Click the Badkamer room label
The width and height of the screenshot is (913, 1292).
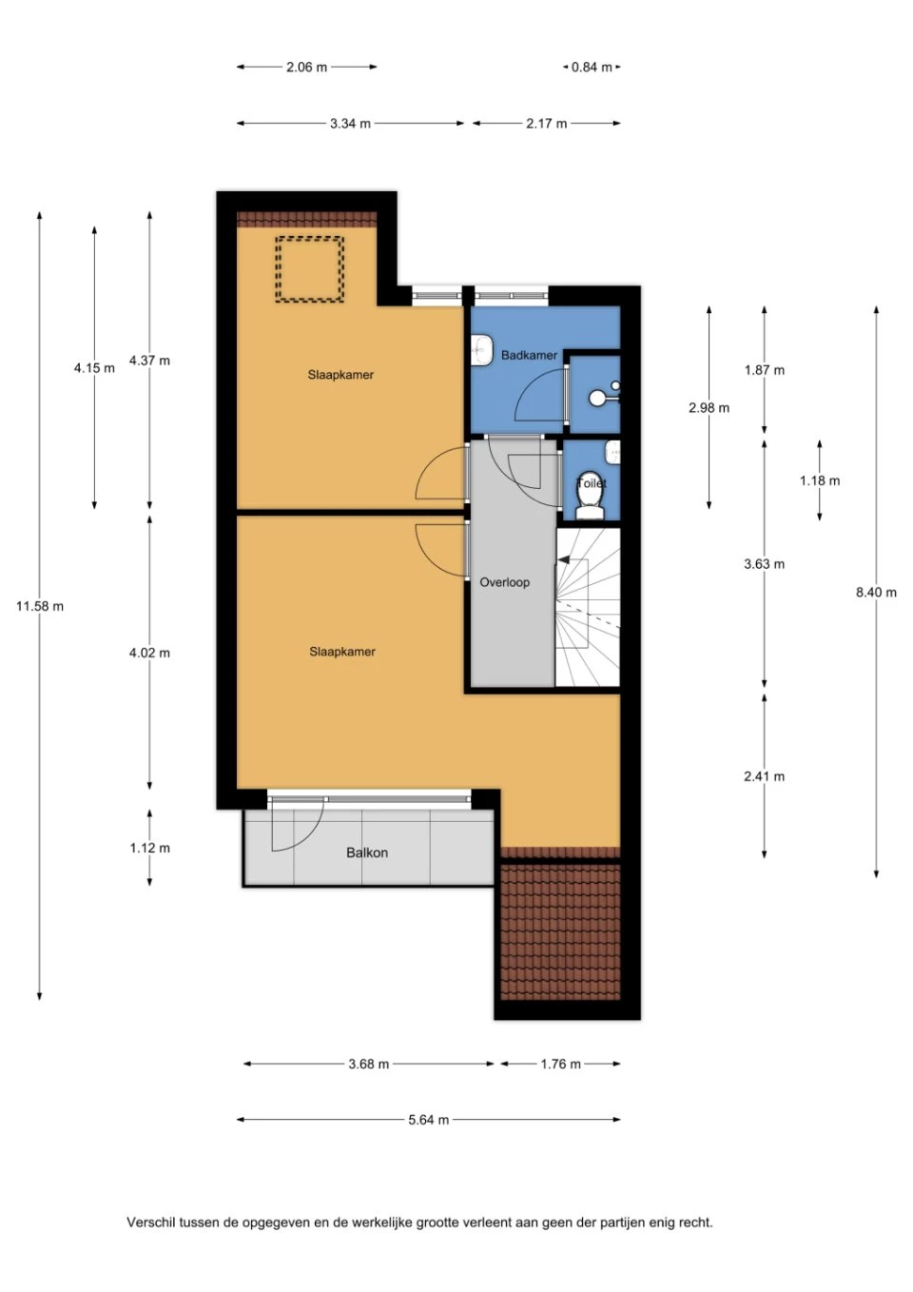coord(529,355)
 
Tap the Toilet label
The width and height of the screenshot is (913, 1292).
coord(592,483)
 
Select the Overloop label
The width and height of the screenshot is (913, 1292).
coord(504,582)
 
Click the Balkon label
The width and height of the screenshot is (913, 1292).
coord(366,852)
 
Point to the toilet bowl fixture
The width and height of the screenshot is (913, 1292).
coord(591,506)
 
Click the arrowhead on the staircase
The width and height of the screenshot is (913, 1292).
coord(563,558)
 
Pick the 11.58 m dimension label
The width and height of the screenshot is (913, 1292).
coord(40,606)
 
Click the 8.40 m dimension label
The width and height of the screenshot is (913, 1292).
coord(876,592)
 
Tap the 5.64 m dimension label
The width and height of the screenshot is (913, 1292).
coord(428,1120)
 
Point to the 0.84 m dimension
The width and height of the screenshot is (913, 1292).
coord(592,68)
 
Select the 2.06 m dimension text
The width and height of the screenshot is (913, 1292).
coord(306,68)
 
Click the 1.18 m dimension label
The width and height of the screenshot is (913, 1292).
coord(820,480)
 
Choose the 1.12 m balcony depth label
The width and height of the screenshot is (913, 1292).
coord(150,848)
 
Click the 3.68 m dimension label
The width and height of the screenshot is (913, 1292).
coord(368,1064)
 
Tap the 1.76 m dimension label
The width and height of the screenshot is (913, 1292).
coord(560,1064)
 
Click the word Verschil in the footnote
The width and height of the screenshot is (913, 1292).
coord(151,1222)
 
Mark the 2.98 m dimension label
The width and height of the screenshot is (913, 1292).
coord(709,408)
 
